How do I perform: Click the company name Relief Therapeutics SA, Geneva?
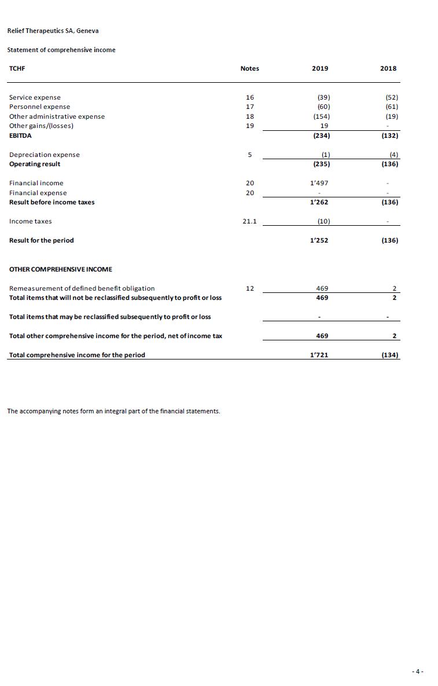coord(49,31)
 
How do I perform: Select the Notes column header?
coord(249,68)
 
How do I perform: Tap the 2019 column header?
coord(319,68)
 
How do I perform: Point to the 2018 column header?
coord(388,68)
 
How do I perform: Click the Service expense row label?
coord(35,97)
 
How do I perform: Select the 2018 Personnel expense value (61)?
coord(392,107)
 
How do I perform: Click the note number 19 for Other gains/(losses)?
coord(250,126)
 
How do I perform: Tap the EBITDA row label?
coord(20,135)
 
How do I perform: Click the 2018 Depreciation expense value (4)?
coord(394,155)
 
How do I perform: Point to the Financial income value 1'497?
coord(319,183)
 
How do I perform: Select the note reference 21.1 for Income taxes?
coord(249,221)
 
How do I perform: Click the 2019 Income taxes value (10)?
coord(323,221)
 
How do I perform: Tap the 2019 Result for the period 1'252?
coord(319,240)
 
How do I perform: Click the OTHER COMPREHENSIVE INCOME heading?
coord(60,269)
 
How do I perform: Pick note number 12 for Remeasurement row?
coord(250,288)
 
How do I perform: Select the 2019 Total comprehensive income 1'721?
coord(319,355)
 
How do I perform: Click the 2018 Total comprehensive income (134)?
coord(389,355)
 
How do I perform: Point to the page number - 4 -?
coord(418,672)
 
